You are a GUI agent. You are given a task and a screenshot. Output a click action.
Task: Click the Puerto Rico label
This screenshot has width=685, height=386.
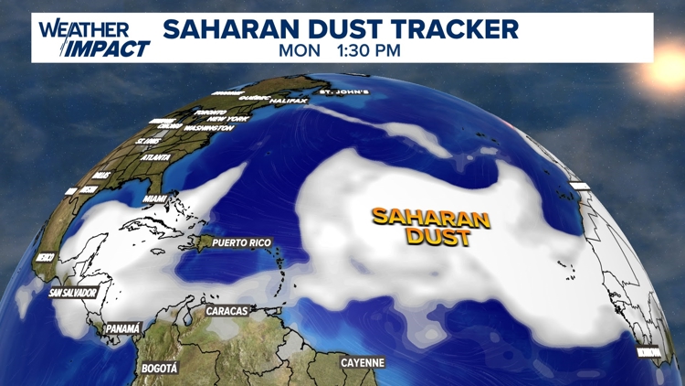click(242, 243)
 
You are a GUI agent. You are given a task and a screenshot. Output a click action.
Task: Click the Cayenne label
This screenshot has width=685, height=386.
click(363, 363)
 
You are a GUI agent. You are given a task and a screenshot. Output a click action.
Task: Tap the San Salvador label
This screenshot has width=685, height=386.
click(73, 293)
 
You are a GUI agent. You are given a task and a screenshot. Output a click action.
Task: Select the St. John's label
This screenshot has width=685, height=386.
click(342, 92)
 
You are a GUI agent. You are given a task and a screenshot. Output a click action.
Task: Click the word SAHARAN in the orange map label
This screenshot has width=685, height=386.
click(430, 219)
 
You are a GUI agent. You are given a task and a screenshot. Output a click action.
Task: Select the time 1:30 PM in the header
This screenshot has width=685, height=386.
click(368, 50)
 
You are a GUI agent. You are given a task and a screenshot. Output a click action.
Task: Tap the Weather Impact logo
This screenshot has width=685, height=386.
click(93, 38)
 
